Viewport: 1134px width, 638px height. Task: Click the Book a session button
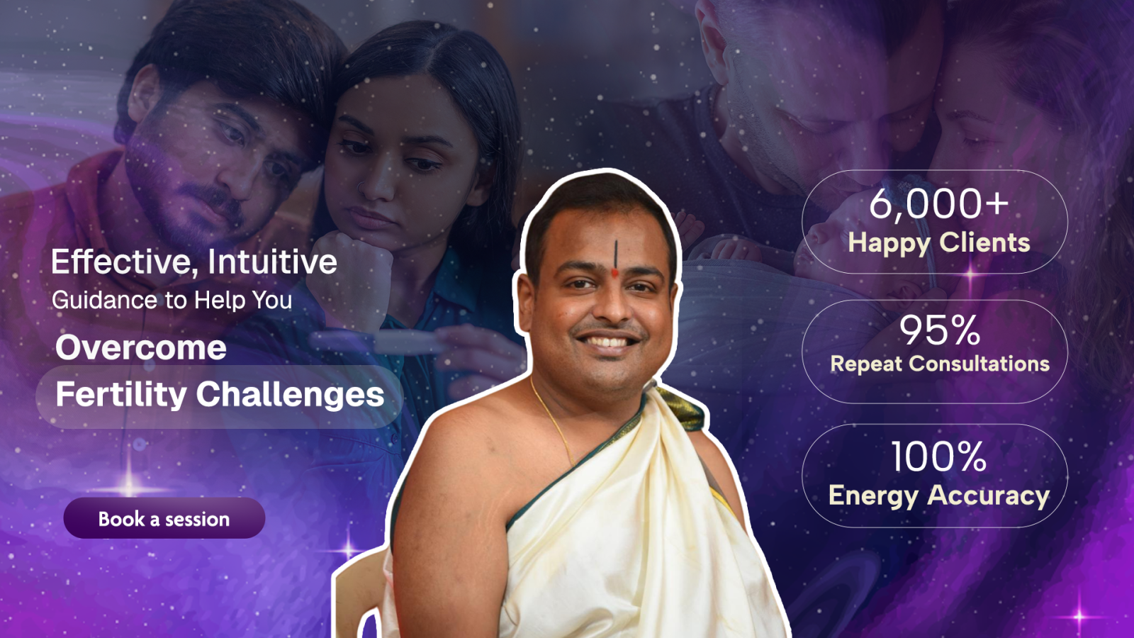point(164,518)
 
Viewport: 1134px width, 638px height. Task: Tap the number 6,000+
point(939,205)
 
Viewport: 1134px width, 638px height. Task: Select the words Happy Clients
point(939,242)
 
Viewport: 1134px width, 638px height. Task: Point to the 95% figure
point(939,330)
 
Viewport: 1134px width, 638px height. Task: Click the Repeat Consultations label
point(940,364)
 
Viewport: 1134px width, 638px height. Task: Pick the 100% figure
point(938,457)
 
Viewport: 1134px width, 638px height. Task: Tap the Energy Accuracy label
point(939,496)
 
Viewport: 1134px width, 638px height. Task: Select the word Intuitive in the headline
point(272,262)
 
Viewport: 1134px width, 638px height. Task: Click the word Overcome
point(141,347)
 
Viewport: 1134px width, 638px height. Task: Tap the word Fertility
point(121,394)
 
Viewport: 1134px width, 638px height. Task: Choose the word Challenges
point(290,394)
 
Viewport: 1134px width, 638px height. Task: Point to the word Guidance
point(105,300)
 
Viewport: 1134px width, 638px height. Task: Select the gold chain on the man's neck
point(554,423)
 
